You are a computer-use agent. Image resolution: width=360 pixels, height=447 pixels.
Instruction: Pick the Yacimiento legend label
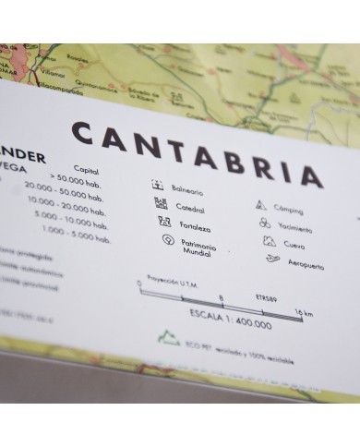[294, 228]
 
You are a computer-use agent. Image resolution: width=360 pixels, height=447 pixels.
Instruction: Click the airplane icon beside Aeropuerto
[272, 260]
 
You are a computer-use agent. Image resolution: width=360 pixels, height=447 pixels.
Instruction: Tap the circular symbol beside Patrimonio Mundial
[167, 240]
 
